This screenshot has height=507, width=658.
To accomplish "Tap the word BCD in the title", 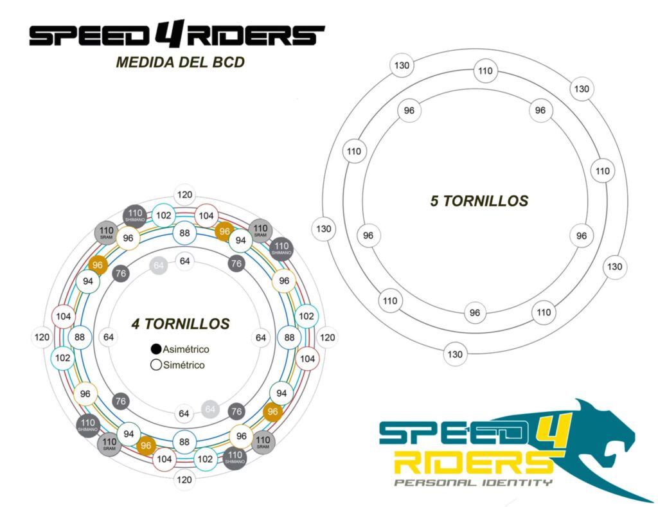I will pyautogui.click(x=226, y=63).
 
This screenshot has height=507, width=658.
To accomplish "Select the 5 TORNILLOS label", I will pyautogui.click(x=479, y=201).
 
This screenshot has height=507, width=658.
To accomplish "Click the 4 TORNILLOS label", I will pyautogui.click(x=180, y=324).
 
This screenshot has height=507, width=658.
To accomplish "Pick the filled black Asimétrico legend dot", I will pyautogui.click(x=156, y=350).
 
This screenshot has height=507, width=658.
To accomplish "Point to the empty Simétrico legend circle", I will pyautogui.click(x=156, y=365).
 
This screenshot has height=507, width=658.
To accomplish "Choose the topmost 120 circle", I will pyautogui.click(x=185, y=195).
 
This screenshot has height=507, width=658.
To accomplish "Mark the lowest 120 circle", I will pyautogui.click(x=185, y=479).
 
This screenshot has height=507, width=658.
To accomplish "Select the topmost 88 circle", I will pyautogui.click(x=185, y=233).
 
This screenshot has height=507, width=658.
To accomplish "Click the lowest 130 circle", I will pyautogui.click(x=455, y=354).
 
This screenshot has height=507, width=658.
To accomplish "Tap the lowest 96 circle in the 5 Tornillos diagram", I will pyautogui.click(x=474, y=313).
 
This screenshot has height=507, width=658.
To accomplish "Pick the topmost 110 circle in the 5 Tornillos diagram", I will pyautogui.click(x=485, y=71).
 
